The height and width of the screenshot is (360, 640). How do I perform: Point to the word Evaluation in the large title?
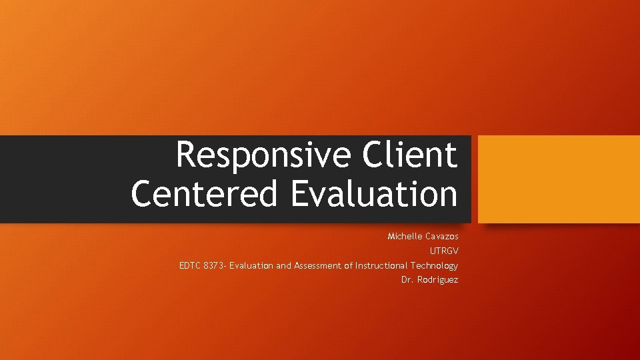pos(374,194)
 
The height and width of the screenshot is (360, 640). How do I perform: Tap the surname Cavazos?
pos(443,237)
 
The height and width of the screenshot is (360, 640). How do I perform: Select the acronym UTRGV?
pos(444,251)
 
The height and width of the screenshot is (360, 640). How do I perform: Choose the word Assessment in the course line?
pos(317,266)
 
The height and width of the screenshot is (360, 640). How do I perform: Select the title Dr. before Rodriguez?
pos(407,280)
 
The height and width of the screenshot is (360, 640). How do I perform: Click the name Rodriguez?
pos(438,280)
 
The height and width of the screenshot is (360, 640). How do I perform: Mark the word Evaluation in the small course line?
pos(251,266)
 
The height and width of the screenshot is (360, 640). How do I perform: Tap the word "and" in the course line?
pos(284,266)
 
